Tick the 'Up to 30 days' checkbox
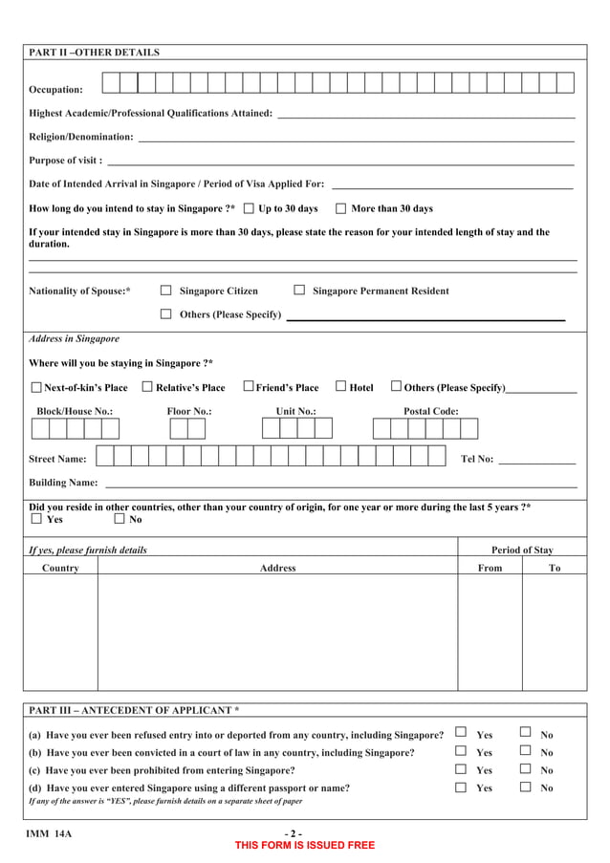(x=250, y=208)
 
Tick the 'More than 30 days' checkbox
(x=340, y=208)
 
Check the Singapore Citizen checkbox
(x=165, y=291)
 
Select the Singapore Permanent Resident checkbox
(x=299, y=291)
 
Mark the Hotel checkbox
(x=340, y=387)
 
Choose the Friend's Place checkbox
(x=248, y=387)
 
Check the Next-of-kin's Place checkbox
(x=36, y=388)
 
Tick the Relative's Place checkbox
(x=147, y=387)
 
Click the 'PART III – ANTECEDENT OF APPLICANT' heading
(x=134, y=711)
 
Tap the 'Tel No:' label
(x=477, y=459)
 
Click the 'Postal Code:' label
(x=430, y=411)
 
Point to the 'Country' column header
(x=60, y=569)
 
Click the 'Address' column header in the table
(x=277, y=569)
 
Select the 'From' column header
(x=490, y=569)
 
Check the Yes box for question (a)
(x=460, y=733)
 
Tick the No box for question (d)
(x=525, y=787)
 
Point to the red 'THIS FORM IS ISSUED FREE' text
(x=305, y=846)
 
